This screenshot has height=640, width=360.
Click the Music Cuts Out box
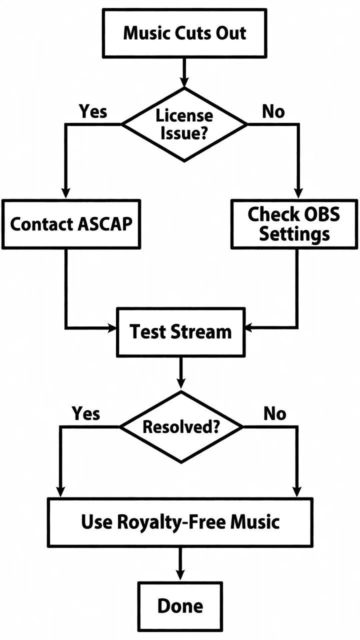184,33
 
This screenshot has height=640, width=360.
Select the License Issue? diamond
184,124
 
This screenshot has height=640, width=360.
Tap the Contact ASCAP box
71,223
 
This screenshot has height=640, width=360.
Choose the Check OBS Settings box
294,223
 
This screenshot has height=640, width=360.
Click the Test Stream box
180,331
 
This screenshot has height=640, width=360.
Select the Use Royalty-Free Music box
180,521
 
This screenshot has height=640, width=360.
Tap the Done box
180,605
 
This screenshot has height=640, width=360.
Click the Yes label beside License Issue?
93,111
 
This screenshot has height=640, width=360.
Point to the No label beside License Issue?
273,111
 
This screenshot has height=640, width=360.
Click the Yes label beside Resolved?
86,413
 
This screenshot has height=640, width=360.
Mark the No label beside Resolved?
274,413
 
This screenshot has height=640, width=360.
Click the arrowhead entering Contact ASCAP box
65,194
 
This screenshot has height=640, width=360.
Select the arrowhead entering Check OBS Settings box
298,194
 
